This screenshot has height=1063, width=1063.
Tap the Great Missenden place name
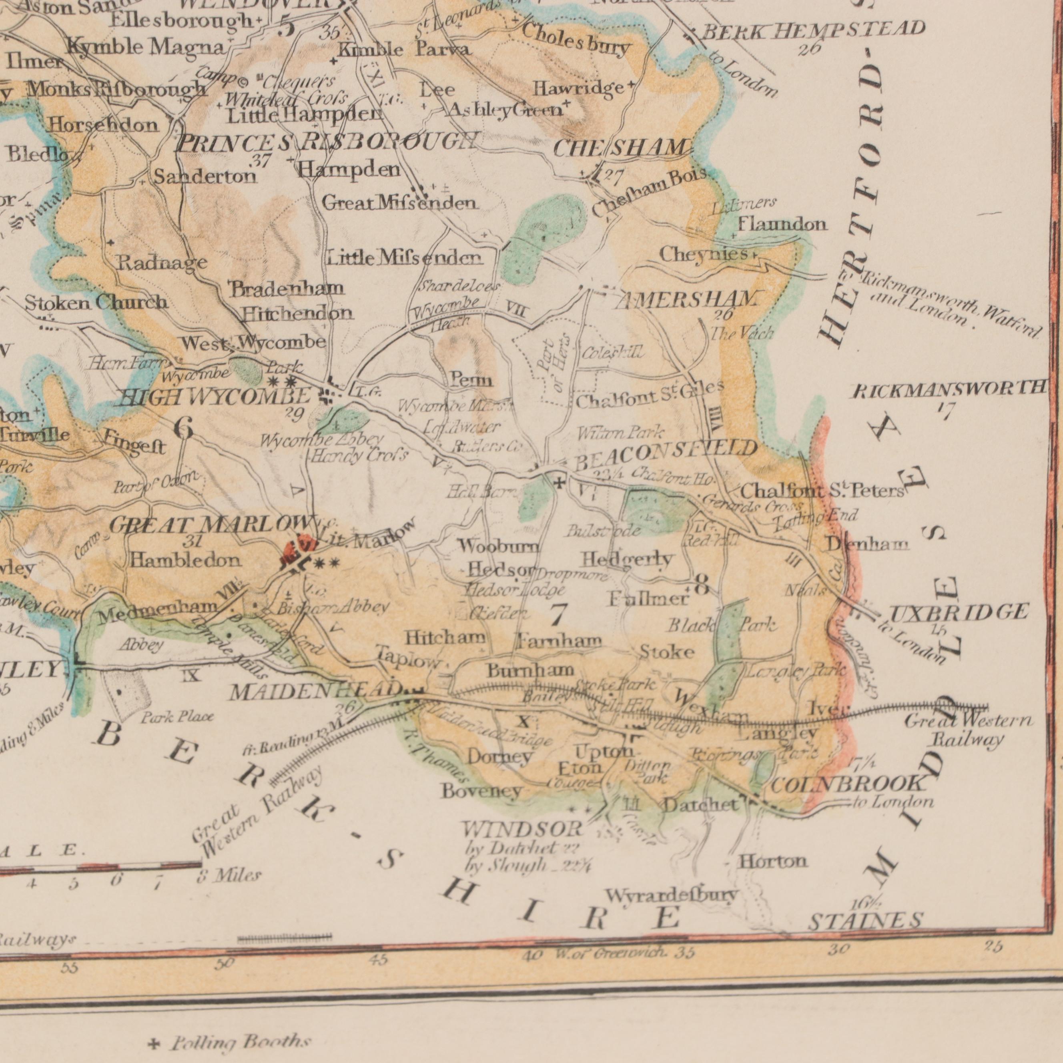click(399, 204)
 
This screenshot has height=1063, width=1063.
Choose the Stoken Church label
click(97, 302)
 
